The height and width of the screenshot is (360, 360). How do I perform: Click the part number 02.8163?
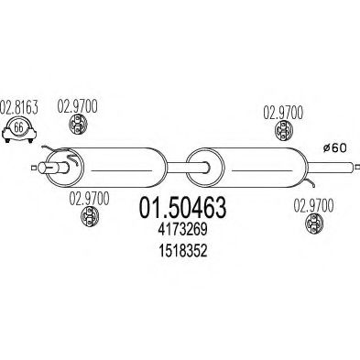[20, 106]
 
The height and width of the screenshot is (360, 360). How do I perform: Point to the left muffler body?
[115, 167]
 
